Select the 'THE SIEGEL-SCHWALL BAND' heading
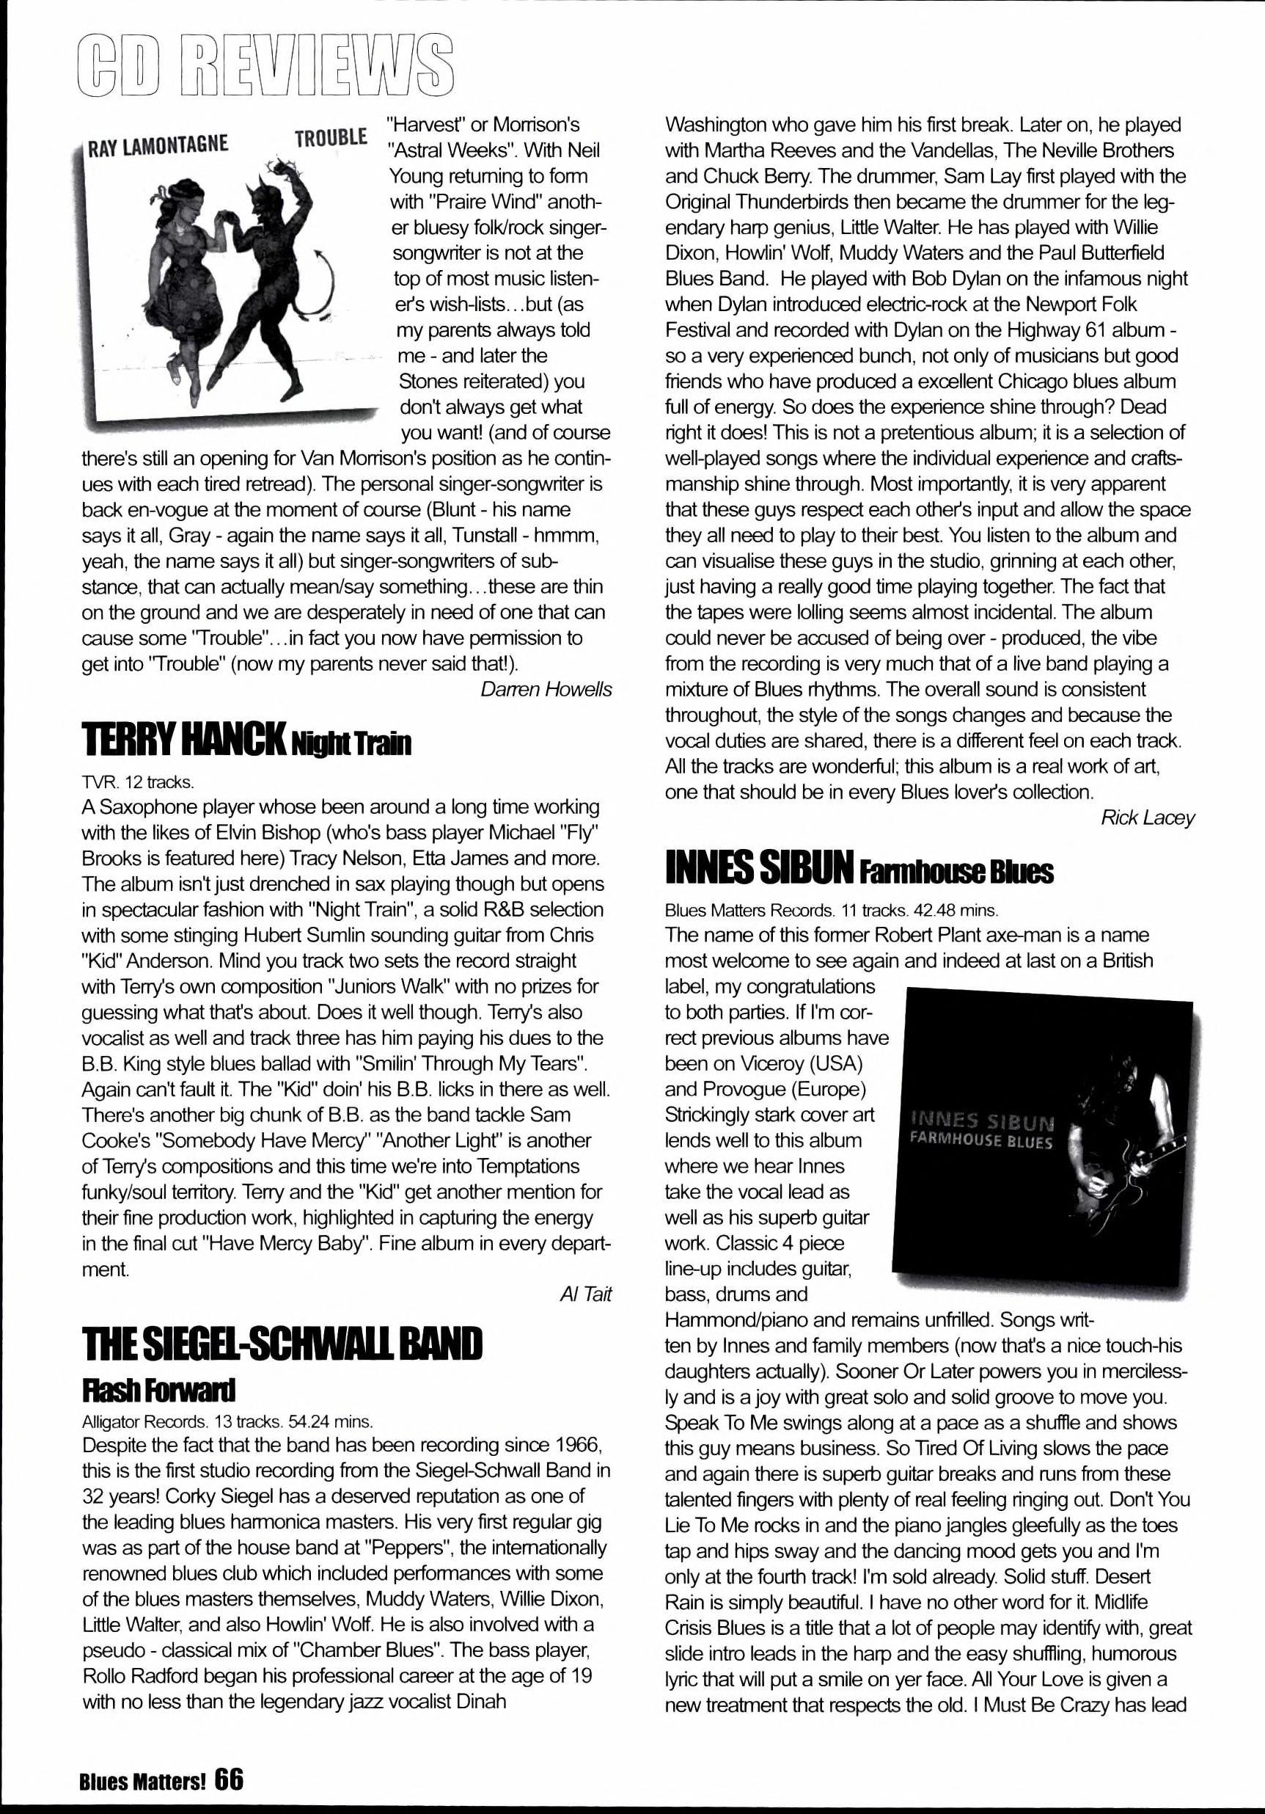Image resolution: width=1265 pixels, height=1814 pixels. [282, 1344]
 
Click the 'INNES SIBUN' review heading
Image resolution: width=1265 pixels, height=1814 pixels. [758, 870]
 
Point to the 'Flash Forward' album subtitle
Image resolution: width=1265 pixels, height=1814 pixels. [158, 1388]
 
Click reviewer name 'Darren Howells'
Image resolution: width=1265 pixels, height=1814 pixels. [546, 690]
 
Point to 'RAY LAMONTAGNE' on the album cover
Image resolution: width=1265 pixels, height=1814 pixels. [158, 145]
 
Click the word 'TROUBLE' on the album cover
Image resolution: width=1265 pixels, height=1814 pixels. [331, 138]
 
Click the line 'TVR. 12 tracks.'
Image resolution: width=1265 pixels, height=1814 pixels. [137, 782]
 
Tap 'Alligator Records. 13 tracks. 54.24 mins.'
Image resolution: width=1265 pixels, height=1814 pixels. [227, 1421]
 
